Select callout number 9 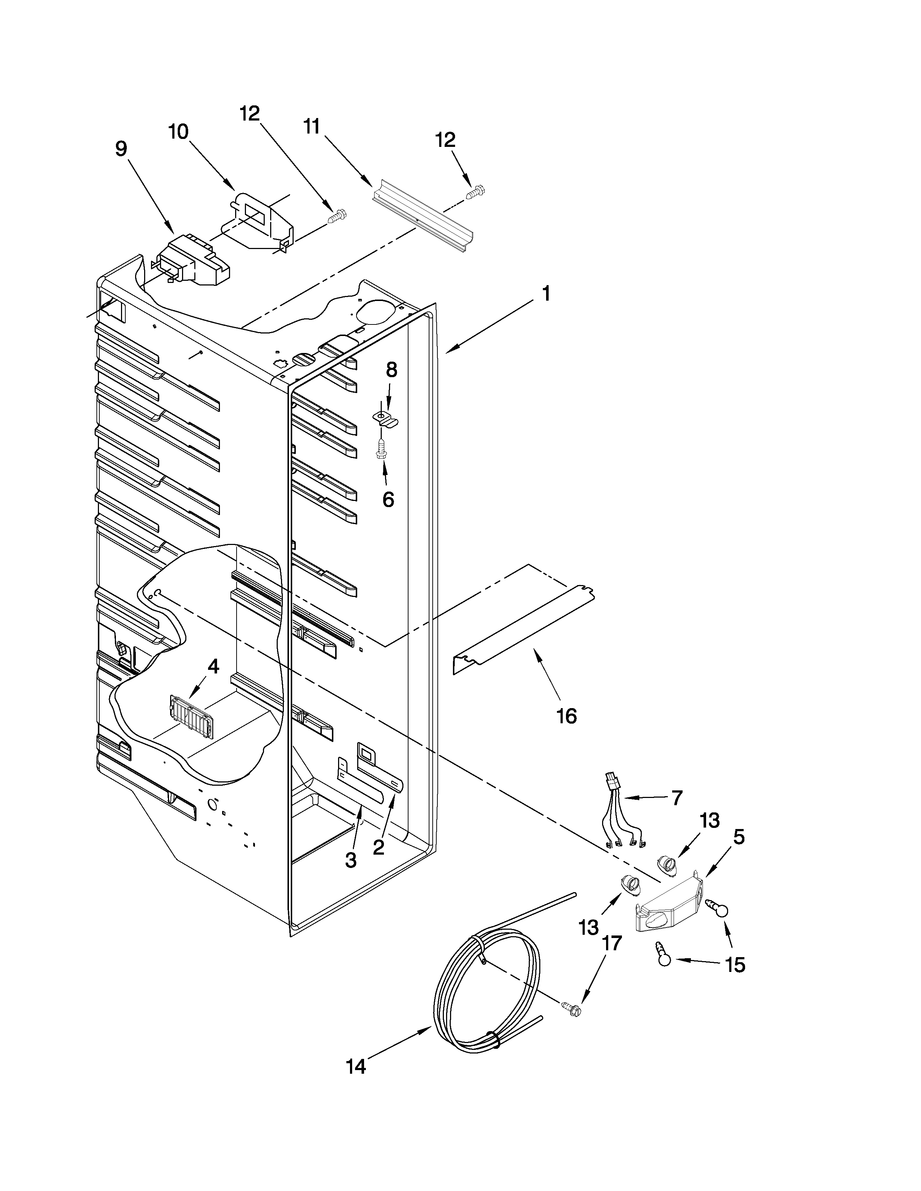(121, 148)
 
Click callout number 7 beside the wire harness (676, 798)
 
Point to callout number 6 (388, 499)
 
